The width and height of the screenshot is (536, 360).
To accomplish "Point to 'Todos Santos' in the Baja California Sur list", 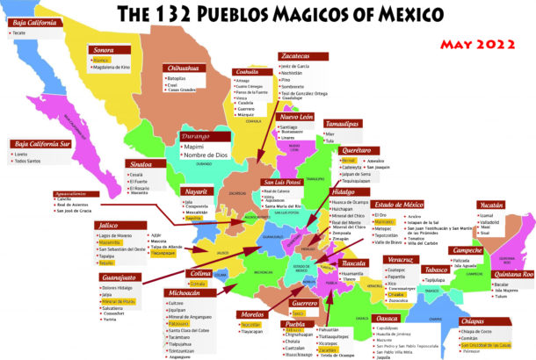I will [x=32, y=162].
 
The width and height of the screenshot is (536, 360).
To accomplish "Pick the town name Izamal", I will [x=511, y=215].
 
